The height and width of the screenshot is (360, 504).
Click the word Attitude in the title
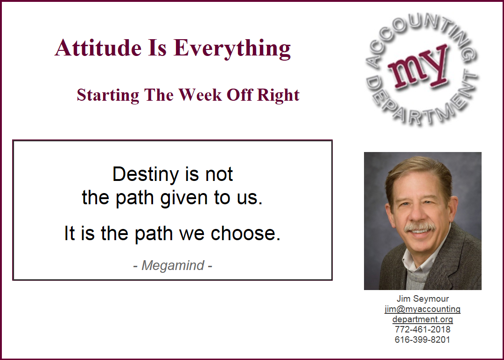(98, 48)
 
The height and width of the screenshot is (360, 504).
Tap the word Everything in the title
(232, 49)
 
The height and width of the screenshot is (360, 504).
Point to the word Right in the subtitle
(278, 96)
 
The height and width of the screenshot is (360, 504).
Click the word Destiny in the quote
(145, 175)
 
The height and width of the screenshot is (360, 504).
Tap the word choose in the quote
(245, 233)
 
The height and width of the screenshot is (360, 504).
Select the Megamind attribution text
(173, 266)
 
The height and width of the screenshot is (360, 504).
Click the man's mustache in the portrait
(420, 227)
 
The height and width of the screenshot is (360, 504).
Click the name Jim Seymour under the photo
(423, 298)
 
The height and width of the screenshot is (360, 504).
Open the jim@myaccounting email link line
(422, 309)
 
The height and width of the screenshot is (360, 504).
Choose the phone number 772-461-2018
(422, 330)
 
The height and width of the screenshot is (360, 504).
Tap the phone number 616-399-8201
(422, 340)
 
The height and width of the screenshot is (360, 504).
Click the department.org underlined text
(422, 319)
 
